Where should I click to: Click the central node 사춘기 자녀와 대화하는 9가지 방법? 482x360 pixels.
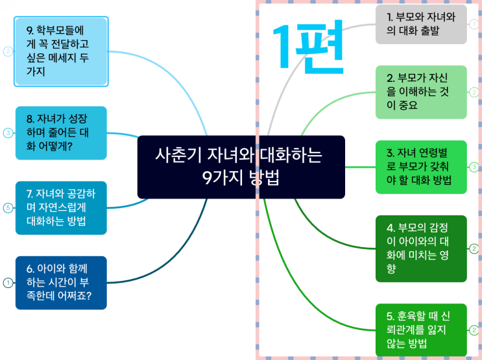(x=241, y=167)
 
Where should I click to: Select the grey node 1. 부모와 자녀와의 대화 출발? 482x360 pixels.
(x=421, y=25)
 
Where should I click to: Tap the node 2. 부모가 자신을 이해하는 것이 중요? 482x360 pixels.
(x=421, y=91)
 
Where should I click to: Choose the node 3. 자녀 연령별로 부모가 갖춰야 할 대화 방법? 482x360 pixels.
(x=421, y=166)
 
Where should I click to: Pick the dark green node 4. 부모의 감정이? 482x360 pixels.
(x=421, y=248)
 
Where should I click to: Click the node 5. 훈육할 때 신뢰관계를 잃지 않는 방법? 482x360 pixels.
(x=421, y=330)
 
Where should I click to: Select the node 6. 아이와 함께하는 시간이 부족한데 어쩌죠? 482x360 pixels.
(x=61, y=282)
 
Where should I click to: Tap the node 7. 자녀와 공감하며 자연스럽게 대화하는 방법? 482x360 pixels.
(x=61, y=208)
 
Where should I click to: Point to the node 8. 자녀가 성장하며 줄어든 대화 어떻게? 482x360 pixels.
(x=61, y=133)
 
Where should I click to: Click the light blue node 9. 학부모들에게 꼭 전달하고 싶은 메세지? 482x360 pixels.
(x=61, y=51)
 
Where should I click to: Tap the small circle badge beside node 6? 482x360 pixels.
(x=8, y=282)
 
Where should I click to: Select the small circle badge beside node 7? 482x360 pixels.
(x=8, y=208)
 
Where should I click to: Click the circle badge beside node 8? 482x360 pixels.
(x=8, y=133)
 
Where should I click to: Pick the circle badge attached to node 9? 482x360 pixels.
(x=8, y=51)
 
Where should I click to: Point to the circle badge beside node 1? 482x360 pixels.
(x=474, y=25)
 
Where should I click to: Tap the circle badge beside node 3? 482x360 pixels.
(x=474, y=167)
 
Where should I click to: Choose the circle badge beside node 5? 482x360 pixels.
(x=474, y=330)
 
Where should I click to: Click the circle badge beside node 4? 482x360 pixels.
(x=474, y=248)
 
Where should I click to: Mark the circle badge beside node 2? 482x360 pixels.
(x=474, y=91)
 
